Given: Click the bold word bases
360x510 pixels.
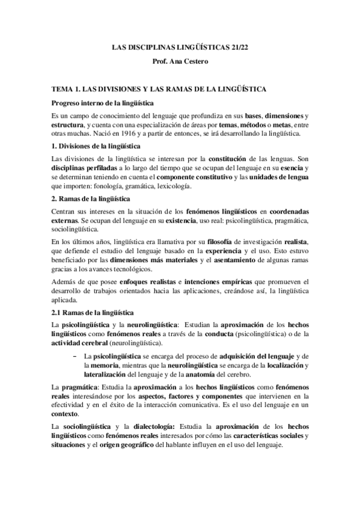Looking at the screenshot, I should coord(254,115).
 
